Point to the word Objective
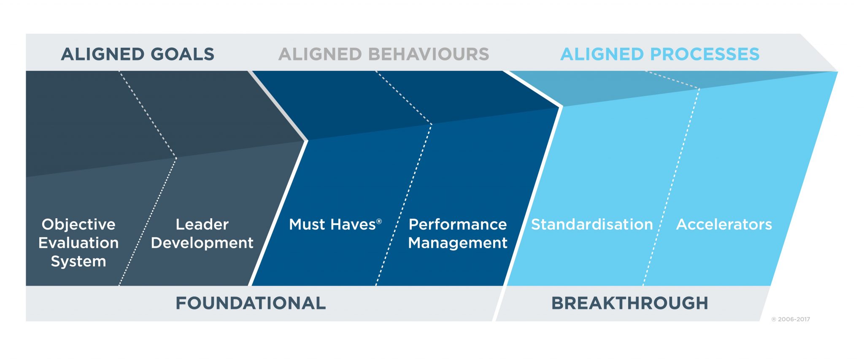[x=78, y=225]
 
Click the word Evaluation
[x=78, y=243]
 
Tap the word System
[x=78, y=262]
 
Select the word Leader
[x=202, y=225]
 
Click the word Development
[x=202, y=243]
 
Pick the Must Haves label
[x=332, y=225]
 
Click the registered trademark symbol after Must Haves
[x=379, y=222]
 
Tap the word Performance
[x=458, y=225]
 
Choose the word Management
[x=458, y=243]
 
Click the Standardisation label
[x=592, y=225]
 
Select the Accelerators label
[x=724, y=225]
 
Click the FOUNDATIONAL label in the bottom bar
[x=251, y=303]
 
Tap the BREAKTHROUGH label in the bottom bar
[x=629, y=303]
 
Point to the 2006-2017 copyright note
[x=791, y=319]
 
